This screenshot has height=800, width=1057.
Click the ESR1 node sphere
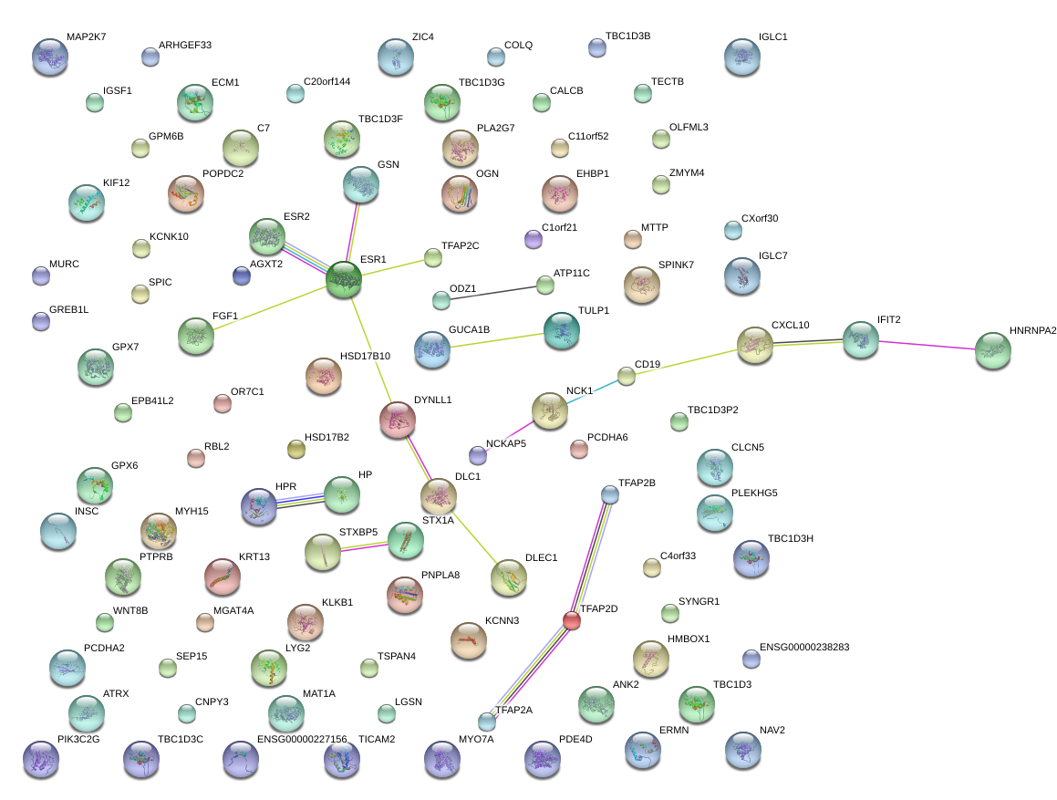pyautogui.click(x=344, y=279)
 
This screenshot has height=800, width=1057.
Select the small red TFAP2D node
pyautogui.click(x=572, y=620)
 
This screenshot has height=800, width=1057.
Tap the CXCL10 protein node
pyautogui.click(x=755, y=345)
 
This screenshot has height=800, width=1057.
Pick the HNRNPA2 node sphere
pyautogui.click(x=993, y=350)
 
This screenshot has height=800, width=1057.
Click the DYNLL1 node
pyautogui.click(x=397, y=419)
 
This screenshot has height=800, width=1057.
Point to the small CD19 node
pyautogui.click(x=626, y=376)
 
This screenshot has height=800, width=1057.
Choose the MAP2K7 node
pyautogui.click(x=49, y=56)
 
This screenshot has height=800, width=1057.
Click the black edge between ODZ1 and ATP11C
pyautogui.click(x=492, y=292)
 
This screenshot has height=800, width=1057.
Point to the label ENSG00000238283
pyautogui.click(x=803, y=647)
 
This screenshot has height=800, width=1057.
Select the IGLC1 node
pyautogui.click(x=742, y=56)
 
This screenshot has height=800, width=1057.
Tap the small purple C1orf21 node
pyautogui.click(x=534, y=239)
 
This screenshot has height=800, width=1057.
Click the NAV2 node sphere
pyautogui.click(x=742, y=749)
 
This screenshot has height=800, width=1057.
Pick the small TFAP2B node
pyautogui.click(x=610, y=494)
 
